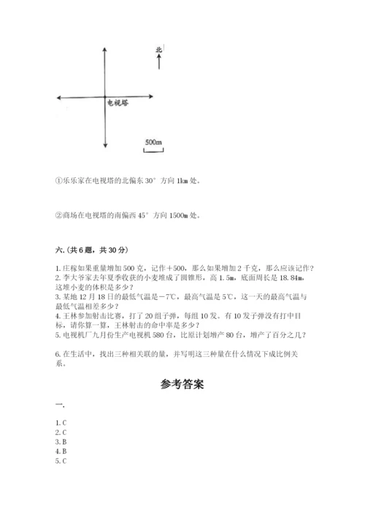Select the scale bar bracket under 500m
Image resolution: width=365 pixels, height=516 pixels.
153,150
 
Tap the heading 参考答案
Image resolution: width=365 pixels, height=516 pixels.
182,385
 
